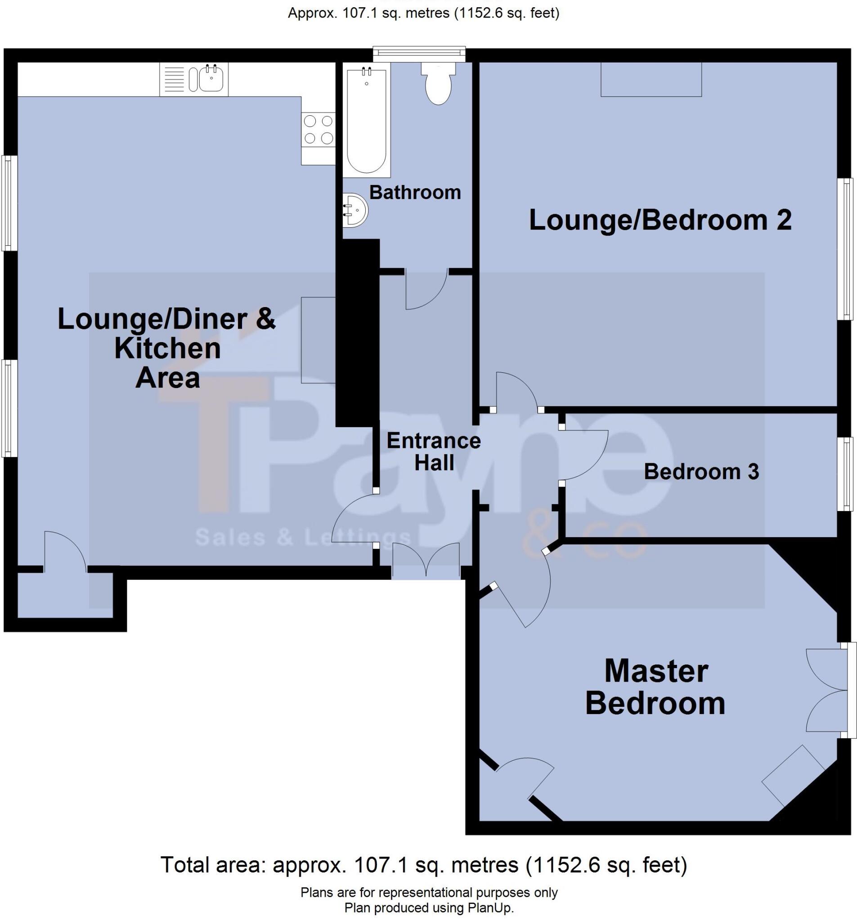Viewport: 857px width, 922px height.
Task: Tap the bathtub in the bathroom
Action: click(x=366, y=121)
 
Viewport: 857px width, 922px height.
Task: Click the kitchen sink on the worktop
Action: click(x=211, y=79)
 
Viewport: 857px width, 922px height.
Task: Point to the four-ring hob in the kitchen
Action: click(x=318, y=129)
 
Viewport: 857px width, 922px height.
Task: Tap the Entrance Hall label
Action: click(x=433, y=451)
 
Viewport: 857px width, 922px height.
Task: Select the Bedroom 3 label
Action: click(x=701, y=472)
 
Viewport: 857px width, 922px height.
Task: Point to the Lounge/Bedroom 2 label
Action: click(x=660, y=220)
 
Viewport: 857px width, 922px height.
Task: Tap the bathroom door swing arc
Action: click(x=426, y=290)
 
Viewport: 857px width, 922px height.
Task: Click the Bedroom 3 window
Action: click(x=847, y=474)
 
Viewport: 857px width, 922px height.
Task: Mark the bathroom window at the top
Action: click(x=419, y=53)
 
